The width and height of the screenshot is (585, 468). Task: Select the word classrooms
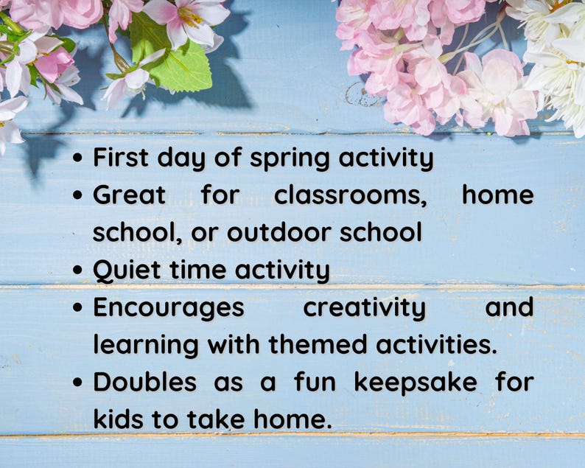point(351,195)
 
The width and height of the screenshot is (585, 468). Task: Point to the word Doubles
point(144,382)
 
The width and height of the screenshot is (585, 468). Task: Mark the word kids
point(117,419)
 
